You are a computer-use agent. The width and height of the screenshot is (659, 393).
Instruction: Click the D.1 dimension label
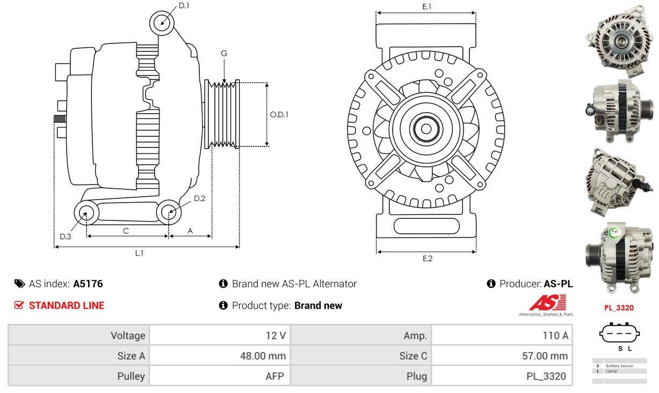click(184, 5)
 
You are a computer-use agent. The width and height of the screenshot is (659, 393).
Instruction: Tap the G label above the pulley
click(224, 53)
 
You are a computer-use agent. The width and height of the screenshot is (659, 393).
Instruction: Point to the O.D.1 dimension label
click(279, 114)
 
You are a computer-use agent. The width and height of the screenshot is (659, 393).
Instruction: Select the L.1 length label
click(139, 253)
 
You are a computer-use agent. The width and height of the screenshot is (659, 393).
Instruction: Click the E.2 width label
click(427, 258)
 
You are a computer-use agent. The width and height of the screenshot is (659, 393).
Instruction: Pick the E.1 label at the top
click(427, 6)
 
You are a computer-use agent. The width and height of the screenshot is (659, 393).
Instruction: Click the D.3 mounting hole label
click(66, 236)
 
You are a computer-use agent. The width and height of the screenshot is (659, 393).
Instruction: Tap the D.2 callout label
click(199, 198)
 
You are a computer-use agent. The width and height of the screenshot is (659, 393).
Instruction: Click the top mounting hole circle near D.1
click(161, 23)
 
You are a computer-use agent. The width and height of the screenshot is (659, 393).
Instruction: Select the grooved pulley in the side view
click(222, 114)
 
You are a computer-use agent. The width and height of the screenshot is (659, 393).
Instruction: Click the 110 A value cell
click(502, 336)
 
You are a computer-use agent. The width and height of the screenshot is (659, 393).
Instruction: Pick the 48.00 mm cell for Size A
click(220, 355)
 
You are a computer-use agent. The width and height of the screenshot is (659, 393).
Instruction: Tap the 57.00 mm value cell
click(502, 355)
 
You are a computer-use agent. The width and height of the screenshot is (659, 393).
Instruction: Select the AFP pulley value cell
click(220, 376)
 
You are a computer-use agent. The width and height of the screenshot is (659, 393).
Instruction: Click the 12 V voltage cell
click(220, 336)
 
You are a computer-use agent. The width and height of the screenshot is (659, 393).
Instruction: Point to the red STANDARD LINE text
click(66, 306)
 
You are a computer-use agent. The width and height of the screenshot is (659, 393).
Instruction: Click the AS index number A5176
click(88, 284)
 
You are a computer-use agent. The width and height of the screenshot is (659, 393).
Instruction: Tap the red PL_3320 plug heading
click(619, 308)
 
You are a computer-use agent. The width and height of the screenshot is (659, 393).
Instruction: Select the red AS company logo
click(547, 303)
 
